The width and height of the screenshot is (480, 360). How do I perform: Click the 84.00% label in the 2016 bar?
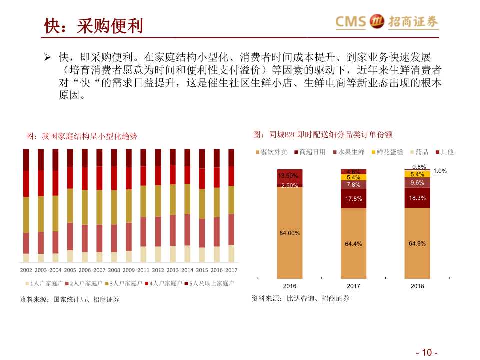[x=290, y=233]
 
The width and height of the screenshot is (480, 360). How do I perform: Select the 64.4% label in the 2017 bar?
[x=353, y=244]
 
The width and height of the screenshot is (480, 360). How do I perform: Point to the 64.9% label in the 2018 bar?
[x=417, y=243]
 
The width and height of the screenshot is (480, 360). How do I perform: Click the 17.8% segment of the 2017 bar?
[x=353, y=199]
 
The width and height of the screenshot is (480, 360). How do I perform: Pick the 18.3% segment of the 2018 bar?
[x=417, y=198]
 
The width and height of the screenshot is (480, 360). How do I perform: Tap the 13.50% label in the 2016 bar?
[x=288, y=175]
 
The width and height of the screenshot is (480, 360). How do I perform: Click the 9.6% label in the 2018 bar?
[x=417, y=183]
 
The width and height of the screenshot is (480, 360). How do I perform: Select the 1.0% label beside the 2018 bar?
[x=440, y=171]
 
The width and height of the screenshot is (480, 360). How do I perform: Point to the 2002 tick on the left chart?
[x=26, y=270]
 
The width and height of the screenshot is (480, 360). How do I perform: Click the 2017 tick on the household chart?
[x=231, y=270]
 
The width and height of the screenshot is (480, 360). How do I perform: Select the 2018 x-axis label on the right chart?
[x=417, y=286]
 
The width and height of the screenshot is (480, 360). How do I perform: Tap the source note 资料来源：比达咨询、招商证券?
[x=300, y=298]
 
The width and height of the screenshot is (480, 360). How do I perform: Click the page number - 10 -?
[x=427, y=352]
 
